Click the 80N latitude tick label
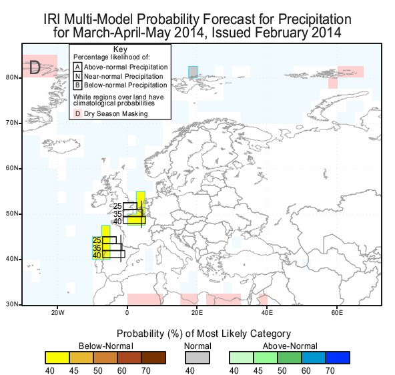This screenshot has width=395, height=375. click(x=11, y=77)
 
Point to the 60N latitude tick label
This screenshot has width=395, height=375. click(x=11, y=168)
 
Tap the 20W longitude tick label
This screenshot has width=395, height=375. click(x=57, y=313)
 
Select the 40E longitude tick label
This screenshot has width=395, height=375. click(x=267, y=313)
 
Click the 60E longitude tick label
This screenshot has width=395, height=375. click(x=337, y=313)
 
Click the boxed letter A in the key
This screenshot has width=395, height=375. click(x=77, y=67)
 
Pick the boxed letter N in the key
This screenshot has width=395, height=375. click(x=77, y=76)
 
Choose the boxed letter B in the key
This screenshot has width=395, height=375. click(x=77, y=85)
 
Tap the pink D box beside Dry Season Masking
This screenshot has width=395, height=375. click(x=77, y=113)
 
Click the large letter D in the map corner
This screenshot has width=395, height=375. click(x=35, y=67)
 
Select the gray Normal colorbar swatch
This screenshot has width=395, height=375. click(x=197, y=358)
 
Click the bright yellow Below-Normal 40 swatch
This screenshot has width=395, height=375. click(x=57, y=358)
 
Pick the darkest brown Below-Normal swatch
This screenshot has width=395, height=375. click(x=153, y=358)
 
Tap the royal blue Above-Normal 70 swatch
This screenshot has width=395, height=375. click(x=338, y=358)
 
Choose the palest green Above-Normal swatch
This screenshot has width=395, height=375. click(x=242, y=358)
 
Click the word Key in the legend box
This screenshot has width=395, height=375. click(x=120, y=49)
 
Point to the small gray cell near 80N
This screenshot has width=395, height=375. click(x=193, y=72)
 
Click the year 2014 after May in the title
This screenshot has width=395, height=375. click(x=188, y=33)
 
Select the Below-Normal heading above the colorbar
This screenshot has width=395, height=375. click(x=106, y=346)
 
